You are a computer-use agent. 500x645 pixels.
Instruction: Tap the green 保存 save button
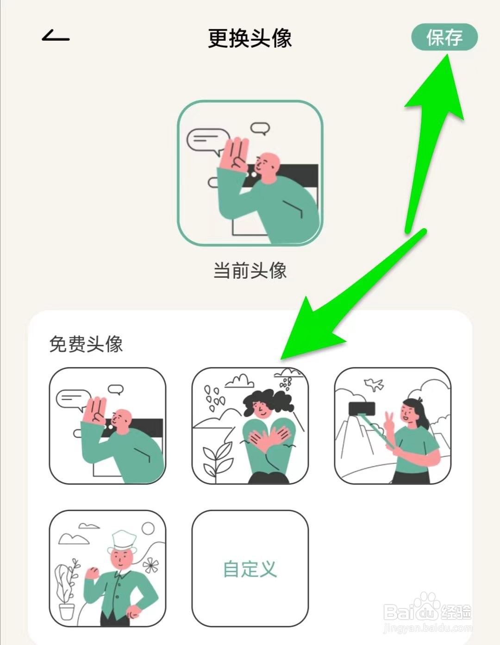pyautogui.click(x=444, y=37)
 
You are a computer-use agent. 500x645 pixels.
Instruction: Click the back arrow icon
pyautogui.click(x=56, y=36)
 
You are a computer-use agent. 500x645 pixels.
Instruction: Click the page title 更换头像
pyautogui.click(x=250, y=38)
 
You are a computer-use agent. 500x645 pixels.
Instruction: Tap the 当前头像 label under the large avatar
pyautogui.click(x=250, y=270)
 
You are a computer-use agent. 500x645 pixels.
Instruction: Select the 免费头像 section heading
pyautogui.click(x=86, y=344)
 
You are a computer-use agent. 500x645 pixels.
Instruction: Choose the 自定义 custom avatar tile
pyautogui.click(x=250, y=569)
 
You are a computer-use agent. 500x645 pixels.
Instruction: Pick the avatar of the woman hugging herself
pyautogui.click(x=250, y=426)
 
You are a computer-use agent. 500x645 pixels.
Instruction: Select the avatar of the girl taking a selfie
pyautogui.click(x=393, y=426)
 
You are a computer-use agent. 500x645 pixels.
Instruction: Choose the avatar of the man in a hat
pyautogui.click(x=107, y=569)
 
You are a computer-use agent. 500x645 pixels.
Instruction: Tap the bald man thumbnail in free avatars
pyautogui.click(x=107, y=426)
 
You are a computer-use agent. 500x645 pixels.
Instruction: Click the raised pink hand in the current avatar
pyautogui.click(x=235, y=155)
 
